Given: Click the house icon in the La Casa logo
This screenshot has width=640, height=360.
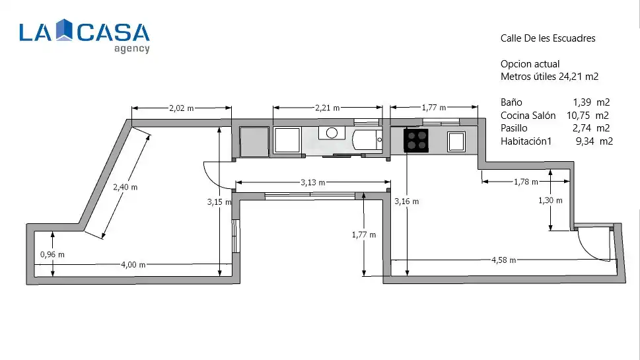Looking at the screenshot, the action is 64,30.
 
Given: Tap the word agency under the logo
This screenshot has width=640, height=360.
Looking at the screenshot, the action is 132,49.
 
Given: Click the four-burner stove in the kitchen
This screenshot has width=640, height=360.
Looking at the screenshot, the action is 416,141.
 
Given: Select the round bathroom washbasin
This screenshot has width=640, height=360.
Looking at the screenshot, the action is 332,133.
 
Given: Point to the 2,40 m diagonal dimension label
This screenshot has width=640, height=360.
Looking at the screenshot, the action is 125,187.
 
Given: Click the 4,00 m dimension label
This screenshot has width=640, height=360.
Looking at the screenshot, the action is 133,264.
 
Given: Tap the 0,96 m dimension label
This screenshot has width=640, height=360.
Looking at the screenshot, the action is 52,254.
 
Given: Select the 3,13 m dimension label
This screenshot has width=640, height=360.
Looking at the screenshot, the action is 313,182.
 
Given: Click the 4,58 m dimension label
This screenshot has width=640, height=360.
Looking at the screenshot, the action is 504,260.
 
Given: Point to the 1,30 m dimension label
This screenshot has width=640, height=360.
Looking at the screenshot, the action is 550,200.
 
